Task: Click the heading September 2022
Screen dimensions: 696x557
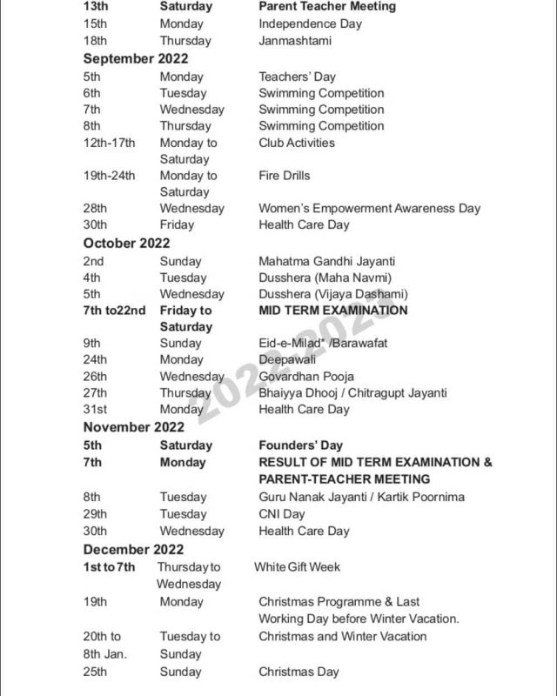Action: click(136, 59)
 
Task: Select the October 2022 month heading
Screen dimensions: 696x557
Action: click(127, 244)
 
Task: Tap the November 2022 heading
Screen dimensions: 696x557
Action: click(134, 427)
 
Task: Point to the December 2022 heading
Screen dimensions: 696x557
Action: click(134, 549)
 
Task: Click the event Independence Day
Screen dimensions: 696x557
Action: click(310, 23)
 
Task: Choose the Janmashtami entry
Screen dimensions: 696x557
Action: click(295, 41)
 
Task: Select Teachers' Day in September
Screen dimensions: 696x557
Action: click(297, 77)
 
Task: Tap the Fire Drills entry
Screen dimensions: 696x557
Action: click(284, 176)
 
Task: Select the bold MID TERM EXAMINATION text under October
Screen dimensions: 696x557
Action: click(332, 311)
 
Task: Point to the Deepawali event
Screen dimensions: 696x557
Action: click(289, 359)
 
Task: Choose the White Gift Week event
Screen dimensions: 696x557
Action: click(297, 567)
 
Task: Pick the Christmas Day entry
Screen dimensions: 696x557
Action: click(299, 672)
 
